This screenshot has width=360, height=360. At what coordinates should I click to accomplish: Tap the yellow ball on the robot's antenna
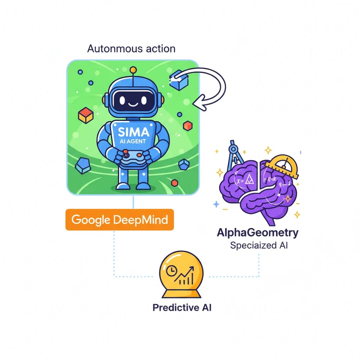click(133, 70)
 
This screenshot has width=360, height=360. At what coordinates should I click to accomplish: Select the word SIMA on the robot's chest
click(134, 133)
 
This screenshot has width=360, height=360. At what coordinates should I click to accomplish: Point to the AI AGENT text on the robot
click(134, 143)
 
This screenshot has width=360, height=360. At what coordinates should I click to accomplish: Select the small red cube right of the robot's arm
click(188, 126)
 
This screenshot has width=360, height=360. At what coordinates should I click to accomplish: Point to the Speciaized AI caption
click(259, 245)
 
